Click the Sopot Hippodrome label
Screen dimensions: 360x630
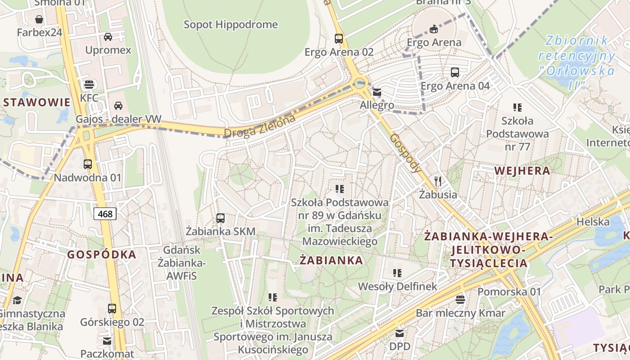click(230, 24)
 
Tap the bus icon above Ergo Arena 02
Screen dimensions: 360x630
click(339, 39)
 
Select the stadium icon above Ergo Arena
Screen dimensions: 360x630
click(433, 29)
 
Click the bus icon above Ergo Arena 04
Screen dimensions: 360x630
click(455, 72)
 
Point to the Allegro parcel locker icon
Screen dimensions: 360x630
click(377, 93)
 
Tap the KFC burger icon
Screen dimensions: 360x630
click(89, 84)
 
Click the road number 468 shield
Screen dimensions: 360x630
click(105, 214)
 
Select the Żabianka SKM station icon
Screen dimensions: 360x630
click(220, 218)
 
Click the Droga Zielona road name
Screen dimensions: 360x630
click(260, 126)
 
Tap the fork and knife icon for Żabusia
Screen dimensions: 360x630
click(438, 181)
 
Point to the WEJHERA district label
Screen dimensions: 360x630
click(522, 171)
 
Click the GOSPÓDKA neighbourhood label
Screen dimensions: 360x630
click(102, 255)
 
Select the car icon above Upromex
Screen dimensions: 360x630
click(108, 36)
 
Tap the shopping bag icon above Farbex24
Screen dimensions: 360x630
click(39, 19)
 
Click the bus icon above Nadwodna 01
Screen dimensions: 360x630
click(88, 164)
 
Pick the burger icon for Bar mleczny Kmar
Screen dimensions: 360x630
click(460, 299)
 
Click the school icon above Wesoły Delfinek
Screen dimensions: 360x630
click(397, 273)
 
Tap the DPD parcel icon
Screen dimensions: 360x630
click(399, 333)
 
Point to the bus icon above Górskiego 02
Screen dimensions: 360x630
click(112, 309)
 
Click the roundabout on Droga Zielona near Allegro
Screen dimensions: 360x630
click(359, 83)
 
